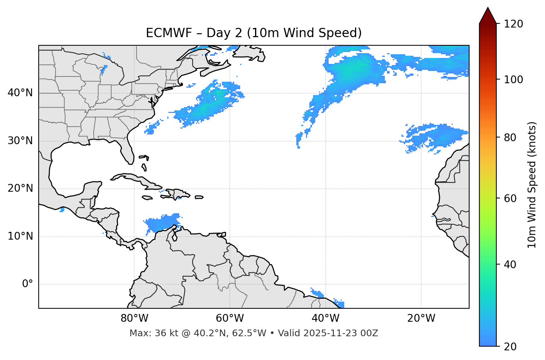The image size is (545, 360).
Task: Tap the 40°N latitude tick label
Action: [20, 93]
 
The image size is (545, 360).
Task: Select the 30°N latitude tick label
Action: [20, 141]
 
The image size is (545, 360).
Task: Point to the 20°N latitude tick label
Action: [20, 188]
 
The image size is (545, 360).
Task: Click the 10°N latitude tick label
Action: [20, 236]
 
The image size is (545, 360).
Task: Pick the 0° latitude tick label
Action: [27, 284]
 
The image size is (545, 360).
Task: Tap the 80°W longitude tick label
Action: [134, 318]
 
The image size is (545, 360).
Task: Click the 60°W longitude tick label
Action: [229, 318]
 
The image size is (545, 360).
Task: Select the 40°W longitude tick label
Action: [325, 318]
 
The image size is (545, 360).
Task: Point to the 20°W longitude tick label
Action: [421, 318]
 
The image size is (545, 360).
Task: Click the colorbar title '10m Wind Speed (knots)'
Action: [532, 185]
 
